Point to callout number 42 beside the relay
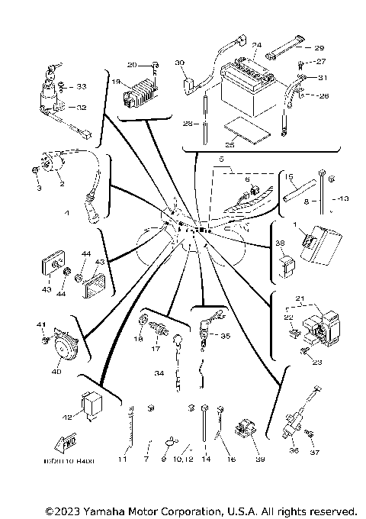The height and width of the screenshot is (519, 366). coord(68,416)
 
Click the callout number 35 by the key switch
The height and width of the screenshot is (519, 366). coord(224,335)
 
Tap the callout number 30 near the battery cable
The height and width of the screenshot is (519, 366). coord(181,63)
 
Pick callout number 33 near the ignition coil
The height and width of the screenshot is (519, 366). coord(82,86)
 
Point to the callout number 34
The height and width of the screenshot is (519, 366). coord(159,373)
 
